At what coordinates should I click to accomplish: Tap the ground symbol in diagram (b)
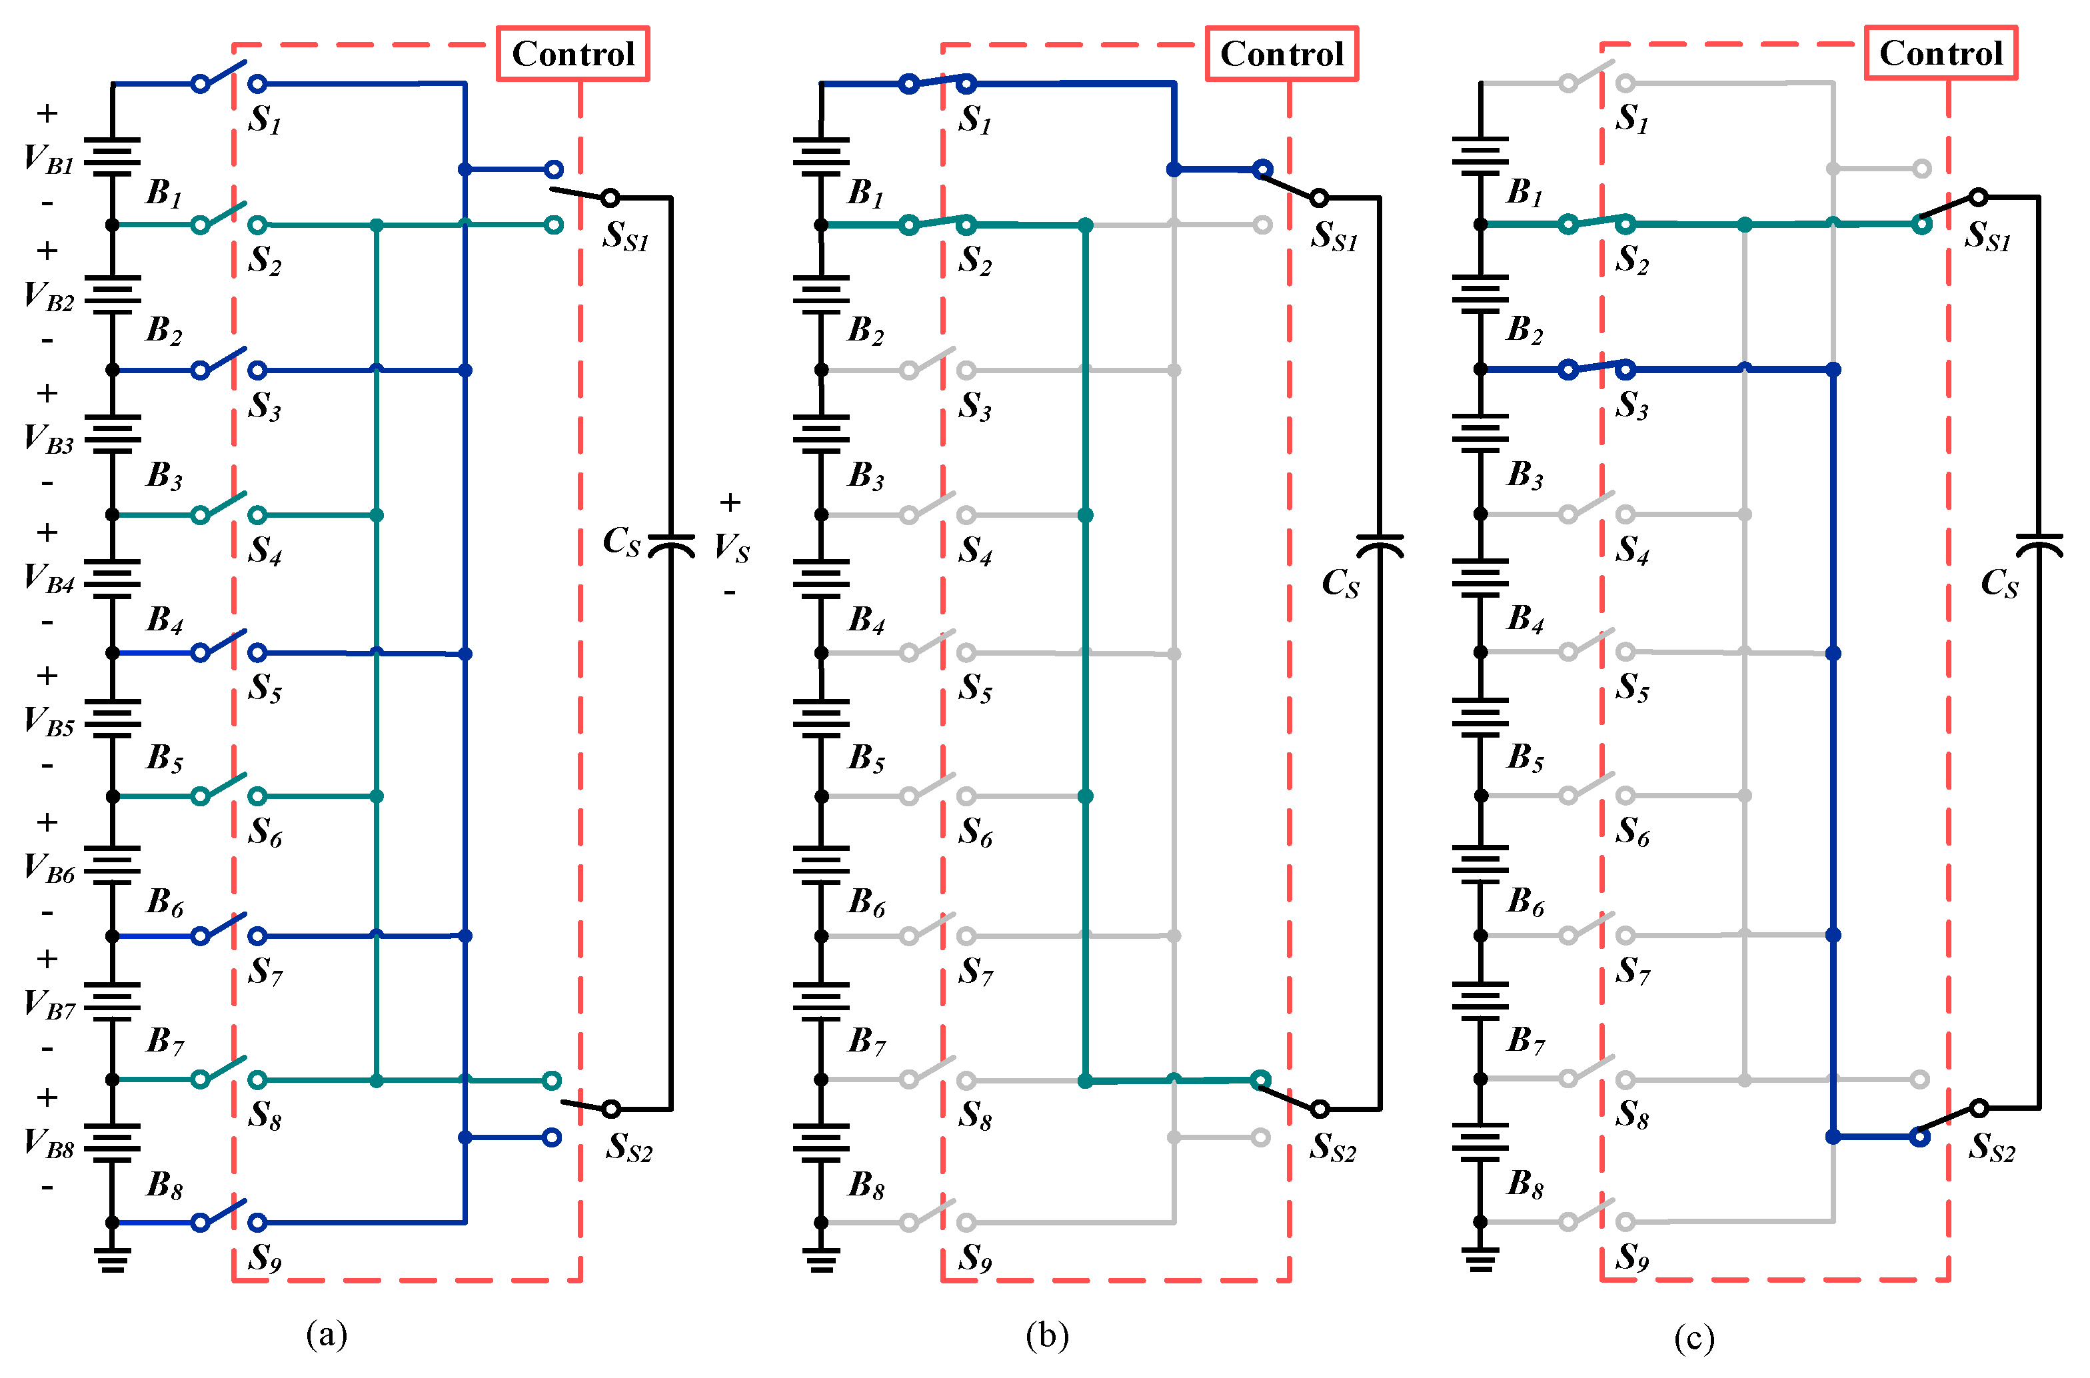point(821,1261)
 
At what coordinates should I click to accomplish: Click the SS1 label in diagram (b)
point(1334,235)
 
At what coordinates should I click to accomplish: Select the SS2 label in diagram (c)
point(1991,1147)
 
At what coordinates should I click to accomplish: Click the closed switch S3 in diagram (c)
point(1596,368)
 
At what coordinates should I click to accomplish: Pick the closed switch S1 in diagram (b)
point(937,83)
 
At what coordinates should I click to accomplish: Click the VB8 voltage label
point(49,1143)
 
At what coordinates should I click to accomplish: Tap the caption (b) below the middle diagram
point(1047,1336)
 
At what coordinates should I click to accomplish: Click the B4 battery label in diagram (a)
point(165,620)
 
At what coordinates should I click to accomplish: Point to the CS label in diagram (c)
point(1999,582)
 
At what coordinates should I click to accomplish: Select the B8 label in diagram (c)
point(1526,1185)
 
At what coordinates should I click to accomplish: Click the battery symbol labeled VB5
point(113,719)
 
